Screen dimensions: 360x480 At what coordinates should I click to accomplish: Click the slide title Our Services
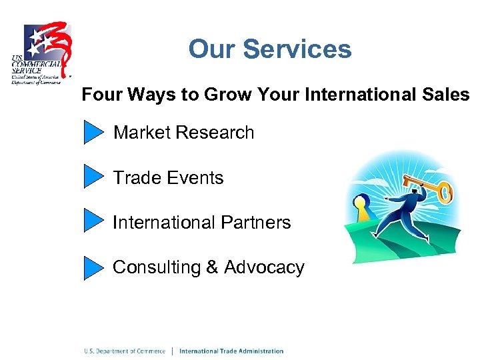click(269, 49)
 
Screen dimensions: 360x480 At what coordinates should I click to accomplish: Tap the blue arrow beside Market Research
click(94, 133)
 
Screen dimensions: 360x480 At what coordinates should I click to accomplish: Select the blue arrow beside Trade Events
click(94, 177)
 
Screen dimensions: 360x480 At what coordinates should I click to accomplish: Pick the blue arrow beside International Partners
click(94, 221)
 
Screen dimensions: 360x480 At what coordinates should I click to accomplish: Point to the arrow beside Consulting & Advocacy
click(94, 267)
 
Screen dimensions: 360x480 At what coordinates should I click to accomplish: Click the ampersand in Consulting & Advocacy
click(212, 267)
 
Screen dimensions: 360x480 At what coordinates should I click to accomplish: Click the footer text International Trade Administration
click(231, 351)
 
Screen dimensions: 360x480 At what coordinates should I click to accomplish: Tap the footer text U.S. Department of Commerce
click(124, 351)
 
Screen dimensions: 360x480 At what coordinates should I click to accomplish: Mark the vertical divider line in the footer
click(173, 351)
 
